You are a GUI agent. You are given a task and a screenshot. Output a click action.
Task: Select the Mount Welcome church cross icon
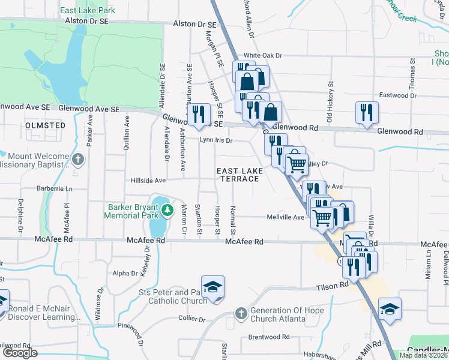(78, 160)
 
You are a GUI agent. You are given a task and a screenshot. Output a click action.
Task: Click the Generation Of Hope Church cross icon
(241, 314)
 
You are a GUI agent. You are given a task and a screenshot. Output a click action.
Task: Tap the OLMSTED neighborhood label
(46, 125)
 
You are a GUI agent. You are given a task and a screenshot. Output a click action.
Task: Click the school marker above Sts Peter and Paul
(212, 286)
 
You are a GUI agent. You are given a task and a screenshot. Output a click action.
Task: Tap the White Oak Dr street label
(262, 55)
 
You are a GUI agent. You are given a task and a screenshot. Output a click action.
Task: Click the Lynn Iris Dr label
(215, 140)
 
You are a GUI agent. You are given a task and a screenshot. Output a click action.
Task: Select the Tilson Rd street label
(333, 288)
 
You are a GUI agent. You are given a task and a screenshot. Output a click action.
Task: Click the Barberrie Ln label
(52, 188)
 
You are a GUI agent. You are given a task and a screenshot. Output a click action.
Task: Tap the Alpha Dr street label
(125, 273)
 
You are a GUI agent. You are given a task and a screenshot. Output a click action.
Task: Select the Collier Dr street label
(192, 319)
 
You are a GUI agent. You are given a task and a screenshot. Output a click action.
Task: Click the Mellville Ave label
(290, 217)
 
